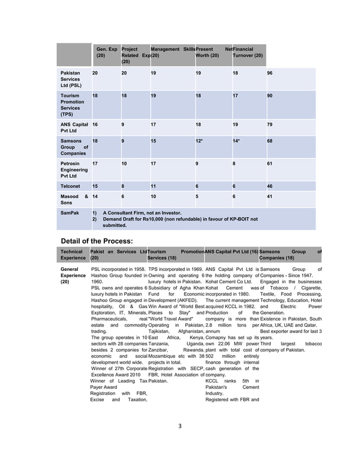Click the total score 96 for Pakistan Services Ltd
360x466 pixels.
point(270,73)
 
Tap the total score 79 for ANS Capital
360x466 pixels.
point(270,124)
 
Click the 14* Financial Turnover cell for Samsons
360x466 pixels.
point(236,140)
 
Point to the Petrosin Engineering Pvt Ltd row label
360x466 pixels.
point(74,169)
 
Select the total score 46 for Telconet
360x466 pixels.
point(270,186)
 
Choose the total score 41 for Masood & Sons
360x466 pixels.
point(270,196)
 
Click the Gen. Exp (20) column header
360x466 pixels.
point(105,53)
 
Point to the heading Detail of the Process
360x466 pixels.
point(96,241)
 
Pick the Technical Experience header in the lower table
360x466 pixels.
point(73,254)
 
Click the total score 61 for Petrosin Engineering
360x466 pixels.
point(270,163)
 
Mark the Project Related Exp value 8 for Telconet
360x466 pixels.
point(124,186)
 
